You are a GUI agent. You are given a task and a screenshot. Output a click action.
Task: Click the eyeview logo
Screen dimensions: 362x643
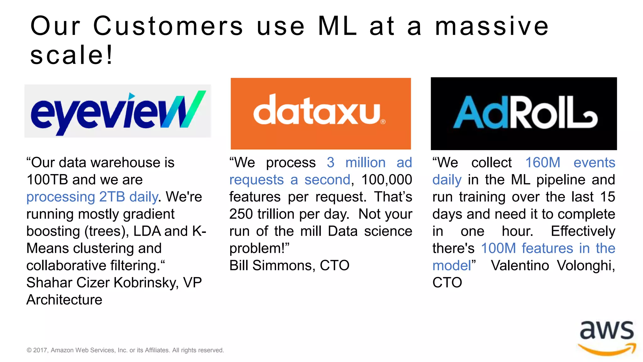[x=118, y=112]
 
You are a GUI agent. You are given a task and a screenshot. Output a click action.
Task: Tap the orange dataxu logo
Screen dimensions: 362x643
[x=321, y=113]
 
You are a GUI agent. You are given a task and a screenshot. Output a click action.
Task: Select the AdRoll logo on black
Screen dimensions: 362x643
[x=523, y=113]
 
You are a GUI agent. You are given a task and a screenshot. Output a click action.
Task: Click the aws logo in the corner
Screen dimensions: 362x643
[x=607, y=338]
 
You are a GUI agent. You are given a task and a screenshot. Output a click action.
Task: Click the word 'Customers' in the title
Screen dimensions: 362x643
[x=168, y=26]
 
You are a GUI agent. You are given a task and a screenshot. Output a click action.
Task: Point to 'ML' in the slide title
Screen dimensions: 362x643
[x=337, y=26]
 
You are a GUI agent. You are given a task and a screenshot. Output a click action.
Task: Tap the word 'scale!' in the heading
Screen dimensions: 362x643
[x=72, y=55]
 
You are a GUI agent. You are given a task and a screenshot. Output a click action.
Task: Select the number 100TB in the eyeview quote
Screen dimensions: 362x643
[x=47, y=180]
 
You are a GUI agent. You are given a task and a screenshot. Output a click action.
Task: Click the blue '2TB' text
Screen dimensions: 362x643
[x=112, y=197]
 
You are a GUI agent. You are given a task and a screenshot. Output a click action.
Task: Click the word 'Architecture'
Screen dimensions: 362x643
[x=64, y=300]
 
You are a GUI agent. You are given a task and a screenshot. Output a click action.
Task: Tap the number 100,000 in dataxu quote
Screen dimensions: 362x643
[x=386, y=180]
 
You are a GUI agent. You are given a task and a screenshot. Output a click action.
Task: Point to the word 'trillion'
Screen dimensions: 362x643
[x=276, y=214]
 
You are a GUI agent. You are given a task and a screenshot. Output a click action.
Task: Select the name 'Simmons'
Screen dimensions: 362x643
[x=284, y=266]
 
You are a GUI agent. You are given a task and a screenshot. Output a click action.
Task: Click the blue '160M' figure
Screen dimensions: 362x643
[x=543, y=163]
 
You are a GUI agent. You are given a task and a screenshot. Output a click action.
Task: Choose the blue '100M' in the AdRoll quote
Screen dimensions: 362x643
[x=498, y=248]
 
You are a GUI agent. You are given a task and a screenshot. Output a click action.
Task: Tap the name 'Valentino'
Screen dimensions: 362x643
[x=520, y=266]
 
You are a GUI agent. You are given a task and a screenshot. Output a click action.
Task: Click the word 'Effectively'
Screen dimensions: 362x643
[x=583, y=231]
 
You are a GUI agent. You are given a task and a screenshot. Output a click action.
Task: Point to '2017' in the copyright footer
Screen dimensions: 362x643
[x=41, y=350]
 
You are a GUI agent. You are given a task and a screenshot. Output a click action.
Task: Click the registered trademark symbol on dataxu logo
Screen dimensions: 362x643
[x=383, y=122]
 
